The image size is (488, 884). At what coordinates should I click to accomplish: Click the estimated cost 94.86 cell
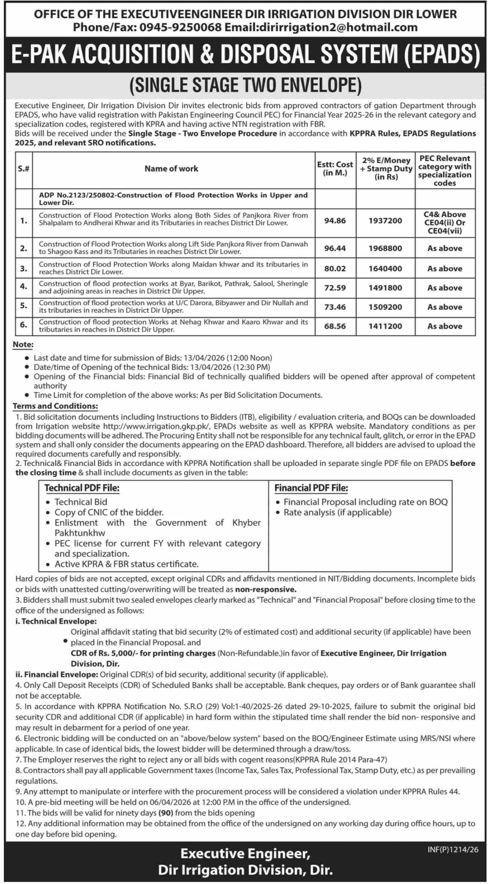(x=335, y=221)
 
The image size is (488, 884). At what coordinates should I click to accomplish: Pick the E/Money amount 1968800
(x=385, y=248)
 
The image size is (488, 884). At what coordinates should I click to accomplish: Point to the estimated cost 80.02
(x=335, y=269)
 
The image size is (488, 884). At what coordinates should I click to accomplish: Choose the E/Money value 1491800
(x=385, y=288)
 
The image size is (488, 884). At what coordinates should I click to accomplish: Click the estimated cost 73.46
(x=335, y=307)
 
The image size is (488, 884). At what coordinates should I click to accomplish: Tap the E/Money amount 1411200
(x=385, y=326)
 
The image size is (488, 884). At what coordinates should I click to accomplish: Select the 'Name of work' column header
(x=171, y=168)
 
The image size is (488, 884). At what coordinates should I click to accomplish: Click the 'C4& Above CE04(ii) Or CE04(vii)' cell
(x=445, y=223)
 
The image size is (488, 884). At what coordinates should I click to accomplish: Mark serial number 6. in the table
(x=23, y=324)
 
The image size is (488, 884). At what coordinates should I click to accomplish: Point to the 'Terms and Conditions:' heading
(x=55, y=406)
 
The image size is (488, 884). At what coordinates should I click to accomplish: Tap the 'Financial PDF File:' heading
(x=311, y=488)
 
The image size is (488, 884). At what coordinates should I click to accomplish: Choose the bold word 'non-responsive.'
(x=266, y=590)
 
